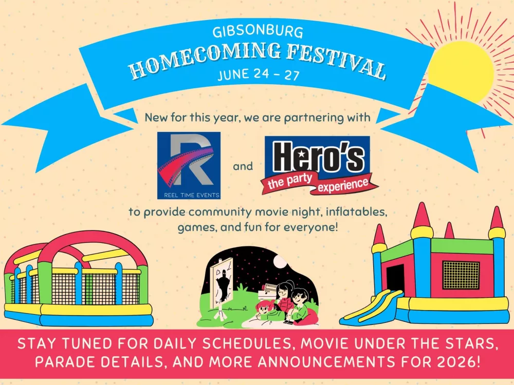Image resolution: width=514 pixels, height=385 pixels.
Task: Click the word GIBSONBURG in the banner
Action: [258, 32]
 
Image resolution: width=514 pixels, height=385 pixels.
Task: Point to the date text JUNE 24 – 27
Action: [259, 74]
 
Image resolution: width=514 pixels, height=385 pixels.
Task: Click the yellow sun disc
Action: [461, 72]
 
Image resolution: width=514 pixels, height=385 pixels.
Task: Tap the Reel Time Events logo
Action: [189, 165]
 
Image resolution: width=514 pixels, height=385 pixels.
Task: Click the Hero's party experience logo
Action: [319, 165]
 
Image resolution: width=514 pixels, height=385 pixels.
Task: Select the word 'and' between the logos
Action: [243, 166]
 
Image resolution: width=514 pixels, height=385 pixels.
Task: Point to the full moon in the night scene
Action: [280, 262]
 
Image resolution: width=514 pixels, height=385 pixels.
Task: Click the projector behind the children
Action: [268, 292]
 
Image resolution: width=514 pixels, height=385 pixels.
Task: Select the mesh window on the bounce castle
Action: [461, 275]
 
